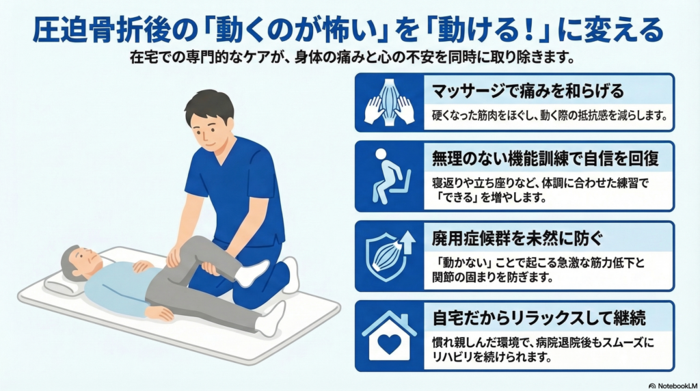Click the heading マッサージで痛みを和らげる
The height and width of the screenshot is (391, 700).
click(528, 91)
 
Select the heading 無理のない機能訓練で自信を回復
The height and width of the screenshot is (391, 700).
click(545, 159)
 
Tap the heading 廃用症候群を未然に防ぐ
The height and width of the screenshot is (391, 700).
click(517, 239)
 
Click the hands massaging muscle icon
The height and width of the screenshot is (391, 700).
click(389, 103)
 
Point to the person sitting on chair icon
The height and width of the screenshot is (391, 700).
click(390, 176)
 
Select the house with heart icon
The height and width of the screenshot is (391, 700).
click(389, 336)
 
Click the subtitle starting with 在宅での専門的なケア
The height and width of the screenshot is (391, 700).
click(352, 57)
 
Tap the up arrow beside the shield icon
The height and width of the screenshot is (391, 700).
click(407, 243)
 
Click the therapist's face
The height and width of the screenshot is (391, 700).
click(210, 132)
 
